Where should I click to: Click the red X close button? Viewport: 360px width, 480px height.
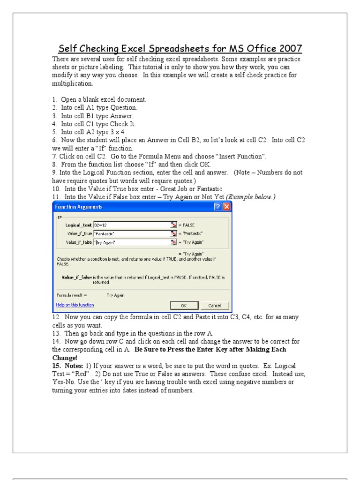tap(226, 207)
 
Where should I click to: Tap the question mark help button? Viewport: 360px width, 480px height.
tap(217, 207)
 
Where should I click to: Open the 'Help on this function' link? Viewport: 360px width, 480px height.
tap(75, 305)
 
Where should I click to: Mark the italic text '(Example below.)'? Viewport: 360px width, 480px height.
tap(252, 197)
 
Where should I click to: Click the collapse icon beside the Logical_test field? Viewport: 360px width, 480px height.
tap(173, 225)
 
